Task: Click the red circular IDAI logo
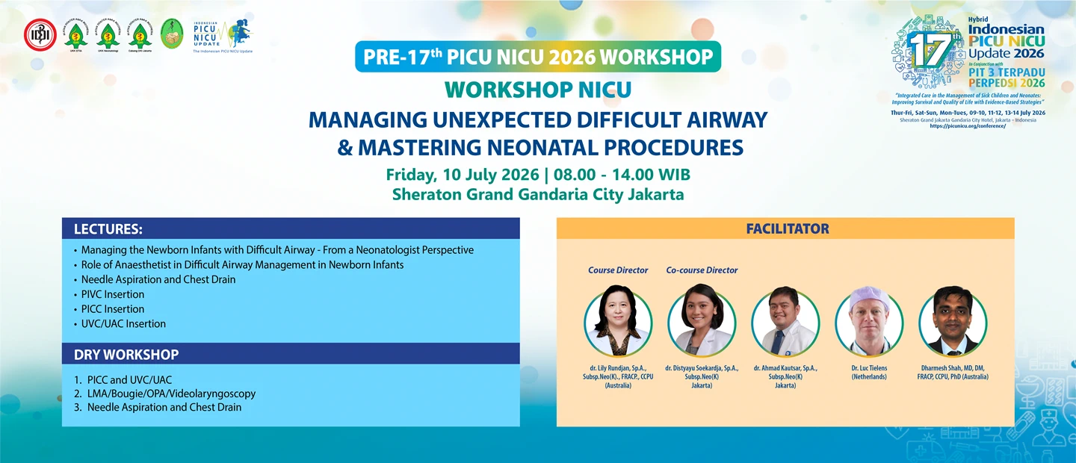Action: point(40,35)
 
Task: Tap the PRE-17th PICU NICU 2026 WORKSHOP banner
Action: point(538,57)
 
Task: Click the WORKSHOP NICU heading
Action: point(538,90)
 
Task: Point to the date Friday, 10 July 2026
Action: point(462,175)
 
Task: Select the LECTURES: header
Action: point(108,229)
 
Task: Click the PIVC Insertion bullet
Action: point(113,294)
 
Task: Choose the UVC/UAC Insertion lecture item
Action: point(123,323)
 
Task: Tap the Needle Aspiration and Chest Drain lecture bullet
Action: point(158,279)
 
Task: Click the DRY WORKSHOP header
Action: point(126,354)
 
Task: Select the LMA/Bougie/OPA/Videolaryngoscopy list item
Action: point(171,393)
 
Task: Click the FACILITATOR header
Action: point(787,229)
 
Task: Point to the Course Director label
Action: point(618,270)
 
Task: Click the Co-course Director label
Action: point(702,270)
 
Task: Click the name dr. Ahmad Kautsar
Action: point(785,368)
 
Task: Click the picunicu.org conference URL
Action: point(968,126)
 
